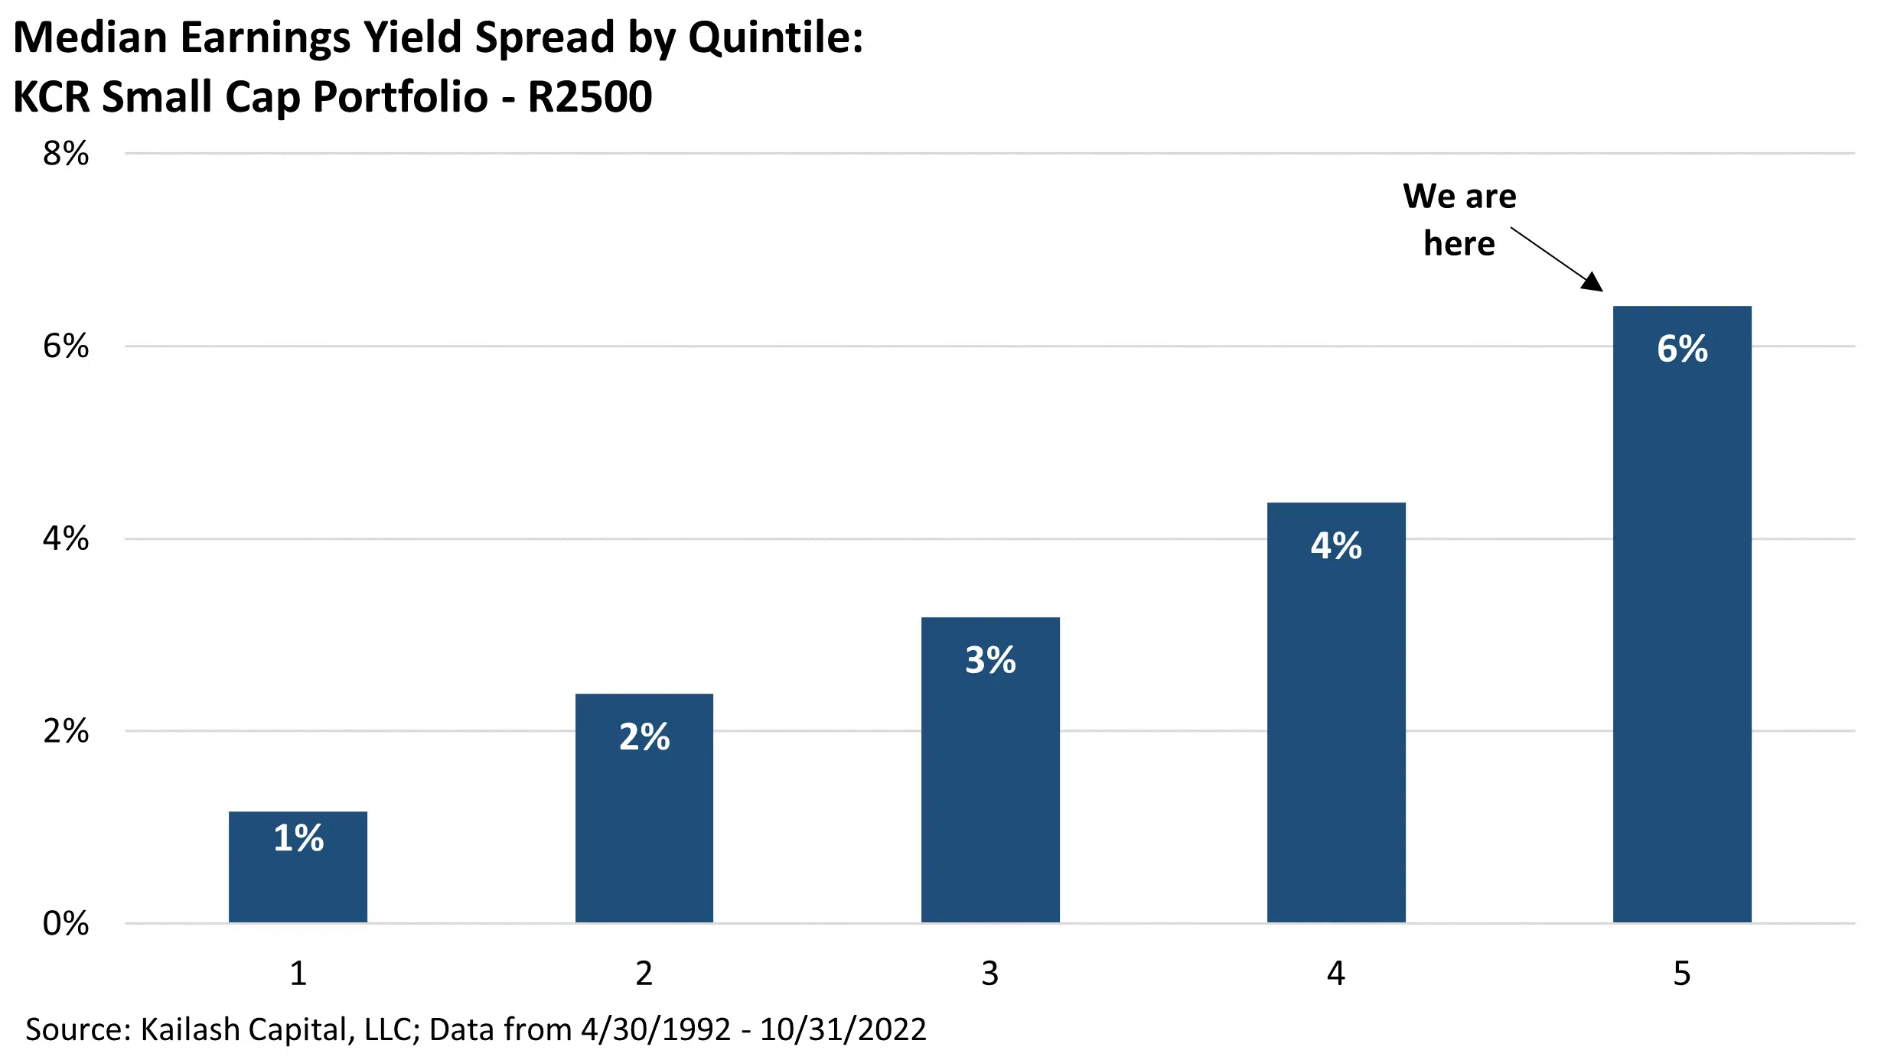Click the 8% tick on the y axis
66,154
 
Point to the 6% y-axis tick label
66,346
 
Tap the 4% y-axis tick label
66,539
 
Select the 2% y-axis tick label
66,732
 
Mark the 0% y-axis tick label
66,924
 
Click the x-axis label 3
990,974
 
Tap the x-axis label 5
1682,974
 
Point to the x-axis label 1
298,974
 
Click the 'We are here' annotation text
1459,219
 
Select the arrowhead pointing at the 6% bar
1593,282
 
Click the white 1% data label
298,838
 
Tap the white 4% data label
1336,546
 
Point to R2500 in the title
590,97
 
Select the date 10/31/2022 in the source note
843,1029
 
